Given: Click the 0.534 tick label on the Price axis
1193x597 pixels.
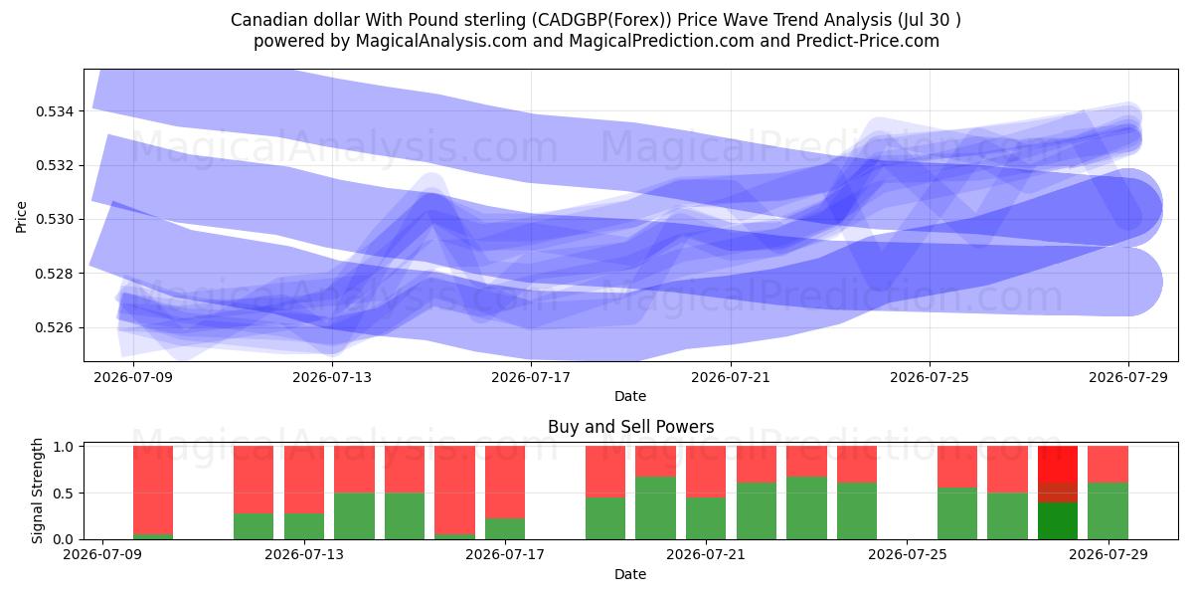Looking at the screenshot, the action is [53, 111].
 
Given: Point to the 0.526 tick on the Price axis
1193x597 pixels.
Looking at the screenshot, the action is [53, 327].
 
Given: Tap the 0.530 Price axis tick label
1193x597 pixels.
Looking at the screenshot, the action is [53, 220].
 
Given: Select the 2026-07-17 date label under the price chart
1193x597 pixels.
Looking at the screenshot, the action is [531, 378].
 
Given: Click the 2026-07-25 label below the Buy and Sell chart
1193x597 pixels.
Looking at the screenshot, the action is [908, 555].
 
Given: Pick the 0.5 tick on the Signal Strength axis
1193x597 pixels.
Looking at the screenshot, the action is [64, 494].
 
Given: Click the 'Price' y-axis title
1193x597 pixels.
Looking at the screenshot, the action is [21, 218].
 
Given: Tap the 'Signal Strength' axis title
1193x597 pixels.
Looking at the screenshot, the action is [37, 492].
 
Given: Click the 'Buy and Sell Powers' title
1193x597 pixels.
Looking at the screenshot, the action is [630, 427].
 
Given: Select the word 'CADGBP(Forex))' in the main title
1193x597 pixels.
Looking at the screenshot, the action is [601, 20].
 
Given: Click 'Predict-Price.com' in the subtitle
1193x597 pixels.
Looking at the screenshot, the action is [868, 41].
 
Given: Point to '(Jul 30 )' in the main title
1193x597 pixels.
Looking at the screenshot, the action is [929, 20].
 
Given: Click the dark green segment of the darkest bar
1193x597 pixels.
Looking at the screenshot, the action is [1058, 520].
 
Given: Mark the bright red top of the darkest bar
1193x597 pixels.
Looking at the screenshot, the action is [1058, 465].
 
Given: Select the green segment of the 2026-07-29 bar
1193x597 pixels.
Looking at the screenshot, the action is [1108, 511].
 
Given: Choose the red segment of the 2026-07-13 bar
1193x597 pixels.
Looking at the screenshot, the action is [304, 480].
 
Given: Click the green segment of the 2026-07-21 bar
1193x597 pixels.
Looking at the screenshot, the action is [706, 518].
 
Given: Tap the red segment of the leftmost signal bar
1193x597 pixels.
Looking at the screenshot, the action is [153, 490].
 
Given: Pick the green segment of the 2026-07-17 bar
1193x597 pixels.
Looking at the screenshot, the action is [505, 528].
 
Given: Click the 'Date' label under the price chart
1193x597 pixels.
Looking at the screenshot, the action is [630, 397].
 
